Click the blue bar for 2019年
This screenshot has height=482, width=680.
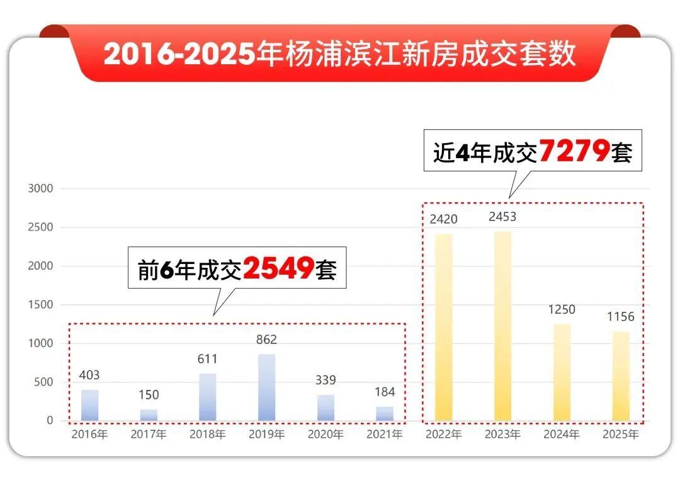click(266, 387)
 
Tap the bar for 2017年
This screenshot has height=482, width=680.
click(149, 415)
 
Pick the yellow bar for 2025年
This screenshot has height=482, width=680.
click(621, 376)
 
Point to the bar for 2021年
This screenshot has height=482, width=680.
click(385, 413)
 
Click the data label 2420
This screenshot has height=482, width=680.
click(443, 219)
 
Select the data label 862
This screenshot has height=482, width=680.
click(266, 340)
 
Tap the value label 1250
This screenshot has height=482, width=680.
click(562, 309)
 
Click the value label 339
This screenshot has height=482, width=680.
click(326, 380)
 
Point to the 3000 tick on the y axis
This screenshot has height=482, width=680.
click(40, 188)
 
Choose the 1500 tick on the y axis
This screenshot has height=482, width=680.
click(40, 305)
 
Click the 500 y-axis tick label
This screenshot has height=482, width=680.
click(43, 382)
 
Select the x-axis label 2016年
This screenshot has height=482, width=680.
click(89, 434)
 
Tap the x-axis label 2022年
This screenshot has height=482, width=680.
click(443, 434)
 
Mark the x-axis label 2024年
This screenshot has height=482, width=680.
click(562, 434)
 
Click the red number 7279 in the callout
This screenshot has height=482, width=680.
click(574, 152)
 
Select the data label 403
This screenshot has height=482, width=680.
click(89, 375)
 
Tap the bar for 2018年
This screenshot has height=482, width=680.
click(208, 397)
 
